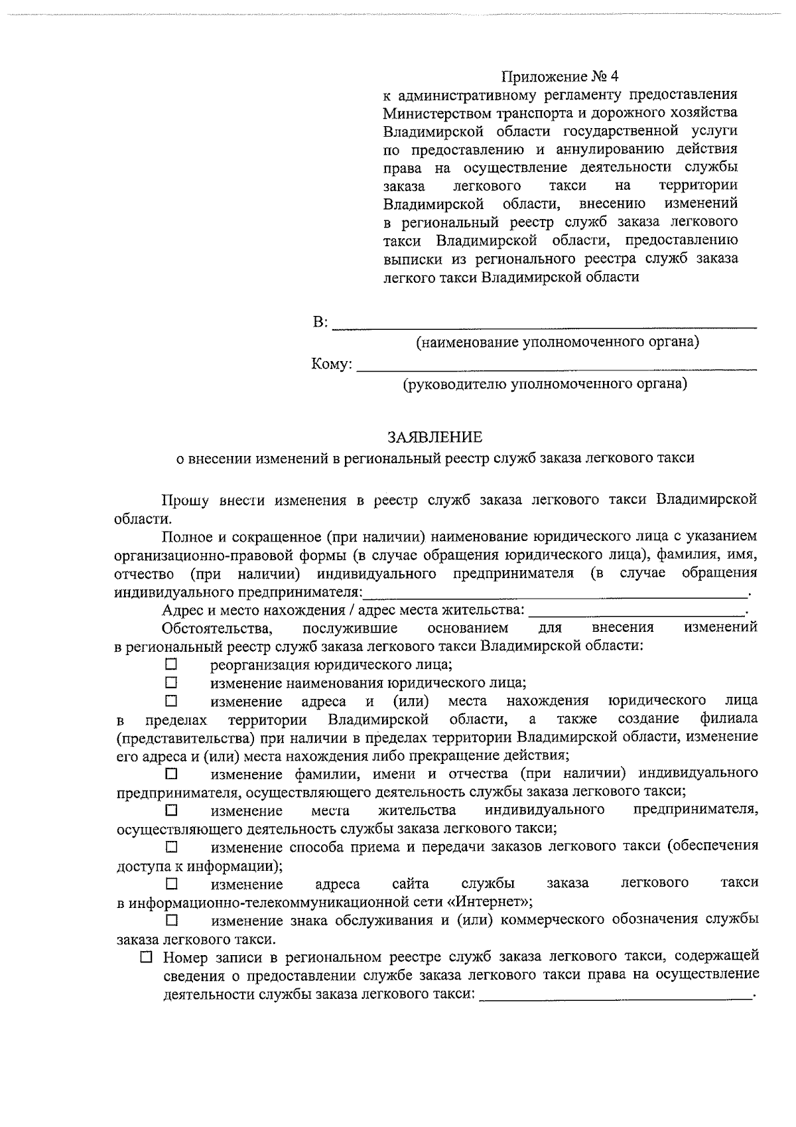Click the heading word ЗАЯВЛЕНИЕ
tap(435, 437)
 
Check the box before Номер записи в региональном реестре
tap(147, 957)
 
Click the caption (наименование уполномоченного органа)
tap(557, 342)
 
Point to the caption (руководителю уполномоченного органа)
tap(545, 384)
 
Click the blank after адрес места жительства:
tap(637, 609)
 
